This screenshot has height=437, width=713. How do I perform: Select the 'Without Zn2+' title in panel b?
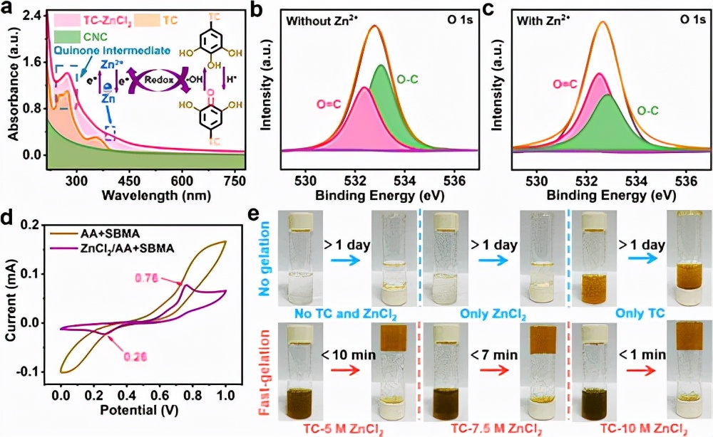click(x=321, y=22)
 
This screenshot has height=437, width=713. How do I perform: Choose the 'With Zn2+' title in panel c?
click(x=546, y=22)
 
